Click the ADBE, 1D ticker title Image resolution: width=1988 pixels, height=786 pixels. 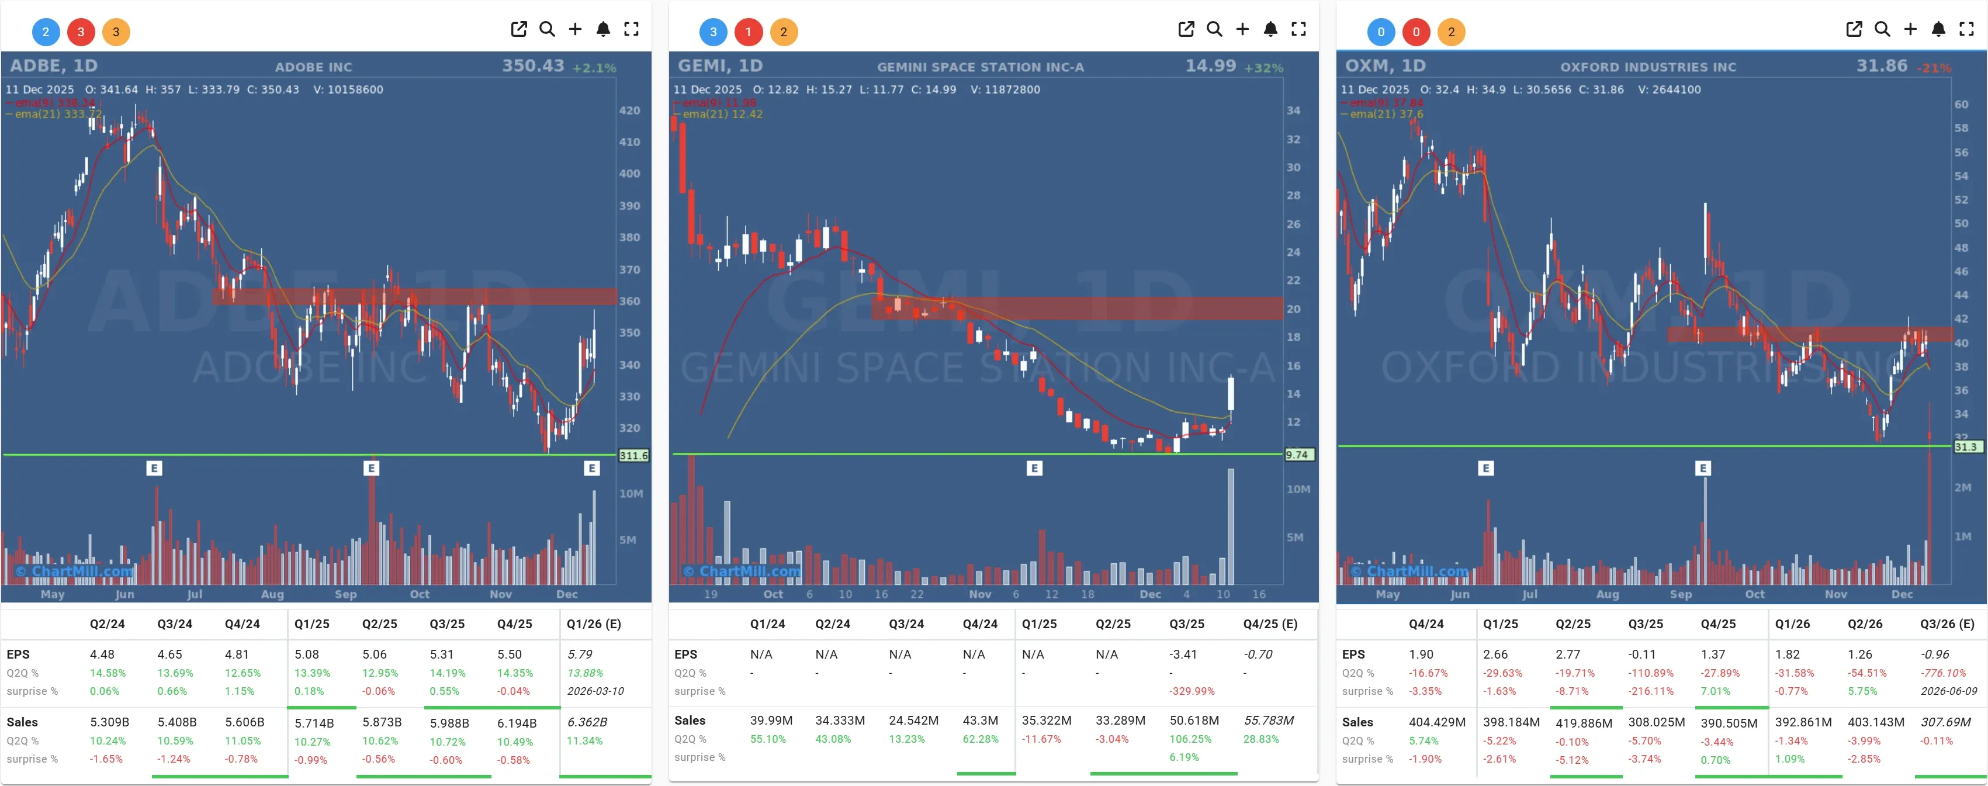tap(53, 65)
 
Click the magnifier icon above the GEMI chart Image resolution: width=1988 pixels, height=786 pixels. tap(1214, 29)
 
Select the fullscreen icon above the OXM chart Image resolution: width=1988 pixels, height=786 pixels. tap(1966, 29)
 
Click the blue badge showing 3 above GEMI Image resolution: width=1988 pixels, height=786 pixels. tap(712, 32)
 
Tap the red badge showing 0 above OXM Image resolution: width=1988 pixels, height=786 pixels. tap(1415, 32)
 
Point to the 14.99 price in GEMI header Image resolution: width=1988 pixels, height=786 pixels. tap(1210, 65)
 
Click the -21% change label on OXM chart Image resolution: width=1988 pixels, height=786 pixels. tap(1935, 68)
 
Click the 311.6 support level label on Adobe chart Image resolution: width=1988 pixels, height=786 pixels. tap(633, 456)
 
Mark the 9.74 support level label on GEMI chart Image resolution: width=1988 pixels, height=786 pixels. tap(1297, 455)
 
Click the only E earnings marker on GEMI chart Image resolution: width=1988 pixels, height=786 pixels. tap(1034, 468)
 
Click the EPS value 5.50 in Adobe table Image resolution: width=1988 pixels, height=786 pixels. tap(510, 654)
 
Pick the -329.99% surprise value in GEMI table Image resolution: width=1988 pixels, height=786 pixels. tap(1192, 691)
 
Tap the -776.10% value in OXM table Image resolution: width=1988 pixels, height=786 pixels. tap(1944, 673)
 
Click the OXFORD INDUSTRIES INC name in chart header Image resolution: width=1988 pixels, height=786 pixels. tap(1648, 67)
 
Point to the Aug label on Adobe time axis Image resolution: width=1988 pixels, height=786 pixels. tap(272, 594)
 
